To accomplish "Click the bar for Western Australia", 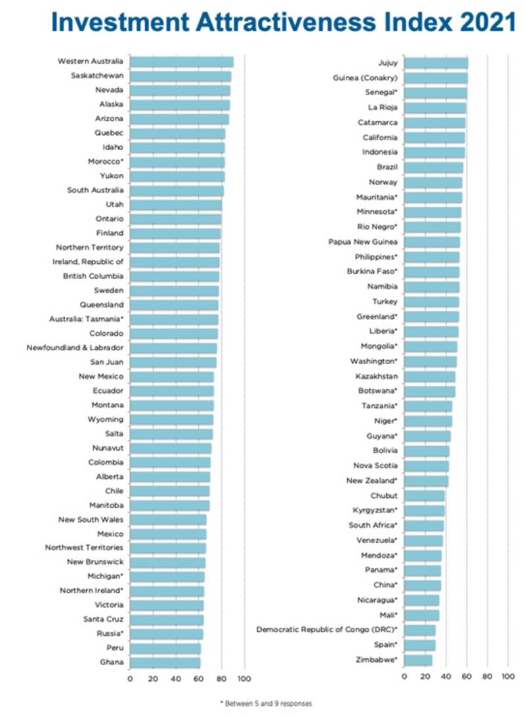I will tap(181, 62).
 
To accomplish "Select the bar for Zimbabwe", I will tap(418, 660).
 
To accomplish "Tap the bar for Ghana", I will tap(165, 663).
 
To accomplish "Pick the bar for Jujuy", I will tap(436, 63).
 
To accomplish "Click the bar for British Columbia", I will tap(175, 276).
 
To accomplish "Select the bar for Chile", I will tap(169, 491).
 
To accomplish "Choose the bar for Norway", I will tap(433, 182).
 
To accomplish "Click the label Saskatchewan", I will tap(97, 75).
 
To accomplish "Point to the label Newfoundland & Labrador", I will tap(75, 348).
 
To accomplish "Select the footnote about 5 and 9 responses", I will tap(266, 703).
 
